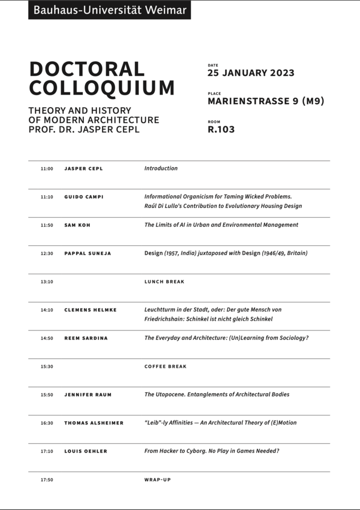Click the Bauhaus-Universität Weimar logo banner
pos(109,10)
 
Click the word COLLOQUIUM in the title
pos(102,88)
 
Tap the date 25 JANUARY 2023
pos(251,73)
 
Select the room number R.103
pos(221,129)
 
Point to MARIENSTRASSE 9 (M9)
pos(266,101)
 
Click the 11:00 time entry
pos(46,169)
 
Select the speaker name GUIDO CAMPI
pos(84,197)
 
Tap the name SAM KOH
pos(77,225)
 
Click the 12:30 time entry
pos(46,253)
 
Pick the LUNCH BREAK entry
pos(164,282)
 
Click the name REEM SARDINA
pos(86,338)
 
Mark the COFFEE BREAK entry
pos(166,367)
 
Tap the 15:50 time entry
pos(46,395)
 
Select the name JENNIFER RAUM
pos(87,395)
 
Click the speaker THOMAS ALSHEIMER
pos(94,423)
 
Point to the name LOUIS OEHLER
pos(86,452)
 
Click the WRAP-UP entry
pos(158,480)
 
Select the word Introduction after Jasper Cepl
pos(161,168)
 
